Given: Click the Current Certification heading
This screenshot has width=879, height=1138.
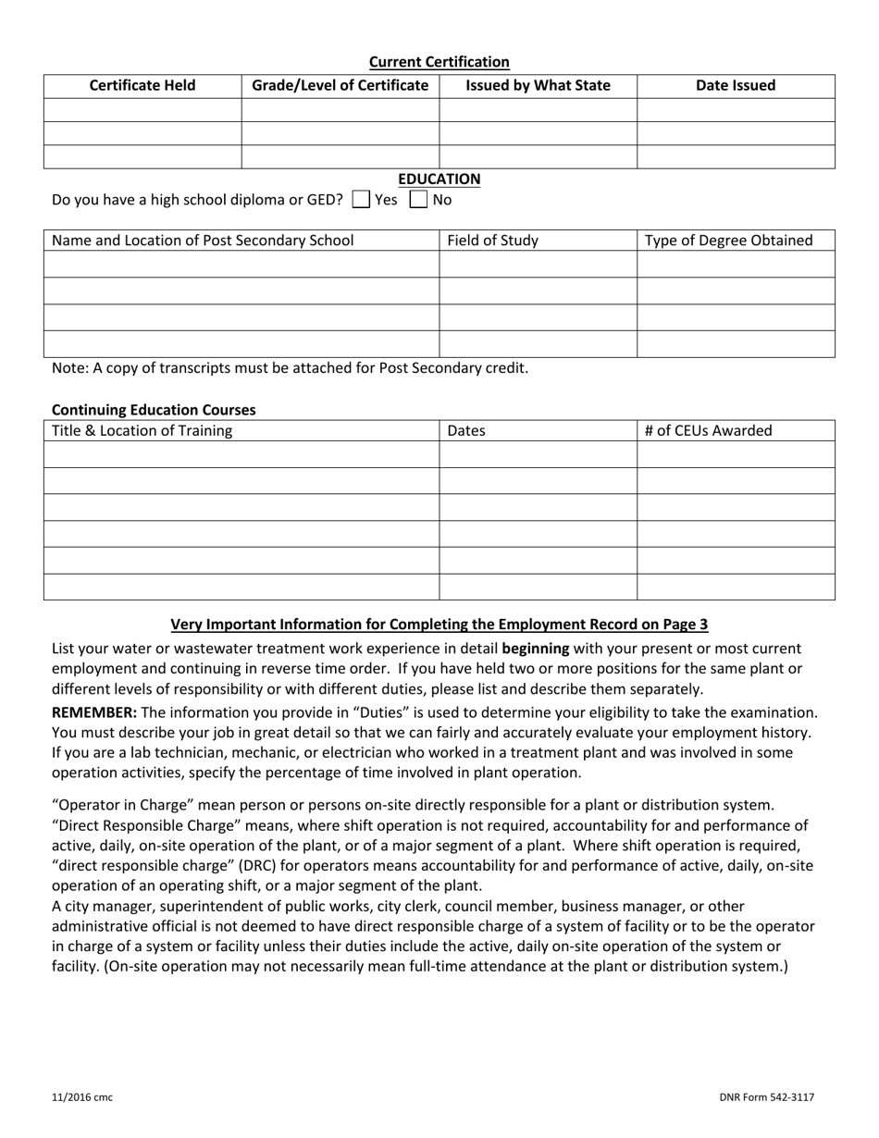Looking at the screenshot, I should coord(439,62).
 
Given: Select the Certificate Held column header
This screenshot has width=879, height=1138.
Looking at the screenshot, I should coord(142,86).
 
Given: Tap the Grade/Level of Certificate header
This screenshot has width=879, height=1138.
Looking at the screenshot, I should coord(340,86).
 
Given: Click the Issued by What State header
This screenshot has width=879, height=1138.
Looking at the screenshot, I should coord(538,86).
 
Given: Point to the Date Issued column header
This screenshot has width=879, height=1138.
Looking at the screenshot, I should coord(736,86).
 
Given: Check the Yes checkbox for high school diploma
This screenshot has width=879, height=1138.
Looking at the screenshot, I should coord(361,199).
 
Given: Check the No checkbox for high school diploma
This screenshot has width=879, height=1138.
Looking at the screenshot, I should coord(419,199).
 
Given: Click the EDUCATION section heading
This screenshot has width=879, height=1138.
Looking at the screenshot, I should coord(439,179).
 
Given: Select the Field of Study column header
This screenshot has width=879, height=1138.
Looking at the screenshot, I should coord(492,241).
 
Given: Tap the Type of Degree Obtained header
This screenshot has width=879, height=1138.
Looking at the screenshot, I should coord(728,241).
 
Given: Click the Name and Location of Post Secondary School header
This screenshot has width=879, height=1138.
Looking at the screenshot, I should coord(203,241).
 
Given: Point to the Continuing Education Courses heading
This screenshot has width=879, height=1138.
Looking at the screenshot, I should coord(154,409).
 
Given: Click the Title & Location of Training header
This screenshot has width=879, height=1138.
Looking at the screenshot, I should coord(142,430).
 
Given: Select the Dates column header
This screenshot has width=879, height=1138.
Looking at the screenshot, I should coord(466,430).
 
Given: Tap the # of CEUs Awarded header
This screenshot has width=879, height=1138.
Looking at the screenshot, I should coord(708,430).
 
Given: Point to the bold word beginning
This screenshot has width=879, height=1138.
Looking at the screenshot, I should coord(535,649).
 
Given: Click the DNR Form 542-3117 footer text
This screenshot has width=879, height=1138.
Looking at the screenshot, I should coord(766,1097).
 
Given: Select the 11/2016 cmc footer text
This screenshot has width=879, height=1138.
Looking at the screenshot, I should coord(82,1097).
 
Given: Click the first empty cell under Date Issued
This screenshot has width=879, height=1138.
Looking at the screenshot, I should coord(736,110).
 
